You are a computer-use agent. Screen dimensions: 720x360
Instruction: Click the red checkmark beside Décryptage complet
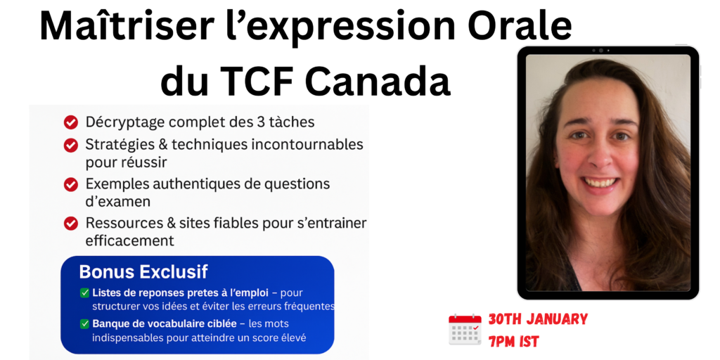(x=70, y=122)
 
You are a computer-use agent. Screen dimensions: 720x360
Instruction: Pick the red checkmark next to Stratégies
(x=70, y=145)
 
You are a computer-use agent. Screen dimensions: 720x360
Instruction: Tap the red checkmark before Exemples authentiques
(x=70, y=185)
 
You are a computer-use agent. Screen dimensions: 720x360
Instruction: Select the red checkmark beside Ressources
(x=70, y=224)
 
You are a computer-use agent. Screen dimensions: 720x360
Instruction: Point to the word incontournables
(x=306, y=145)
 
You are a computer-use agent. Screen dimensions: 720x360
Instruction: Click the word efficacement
(x=130, y=240)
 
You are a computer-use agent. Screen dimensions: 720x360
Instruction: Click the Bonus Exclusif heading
(x=143, y=272)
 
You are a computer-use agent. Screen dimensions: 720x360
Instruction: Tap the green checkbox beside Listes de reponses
(x=84, y=293)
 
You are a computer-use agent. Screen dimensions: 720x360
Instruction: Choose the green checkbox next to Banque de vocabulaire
(x=84, y=324)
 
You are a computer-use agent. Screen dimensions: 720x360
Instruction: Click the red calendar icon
(x=465, y=330)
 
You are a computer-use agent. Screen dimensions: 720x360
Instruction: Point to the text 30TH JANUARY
(x=538, y=319)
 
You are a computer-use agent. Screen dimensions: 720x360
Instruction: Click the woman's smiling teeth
(x=600, y=182)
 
